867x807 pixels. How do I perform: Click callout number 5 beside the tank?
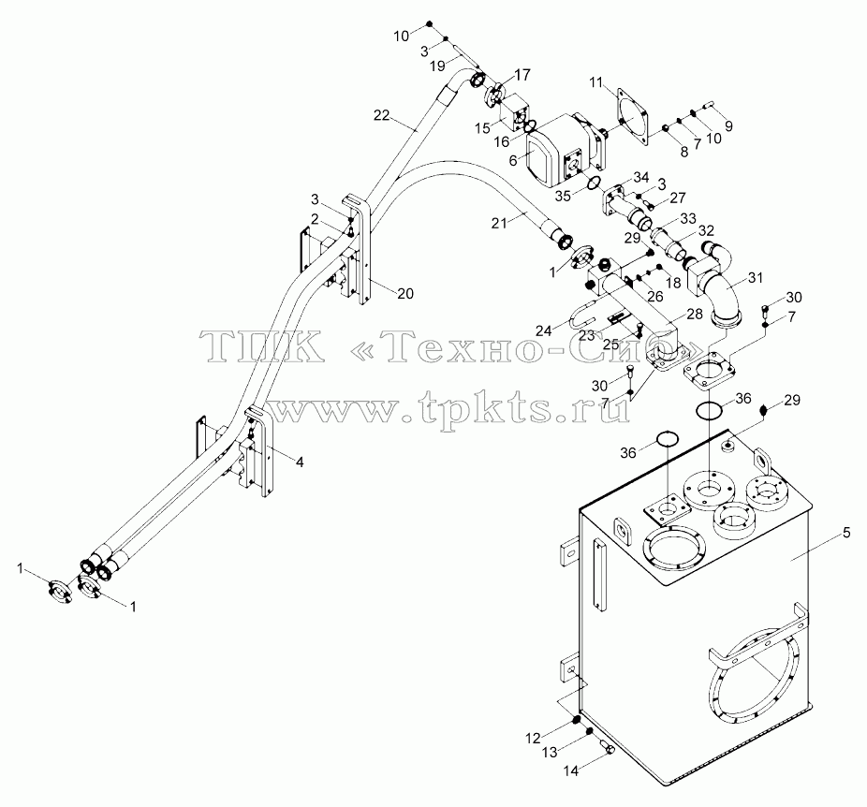point(846,533)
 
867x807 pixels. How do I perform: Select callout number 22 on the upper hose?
point(381,115)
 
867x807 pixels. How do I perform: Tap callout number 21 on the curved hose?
point(499,223)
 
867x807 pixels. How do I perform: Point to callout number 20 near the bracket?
point(405,294)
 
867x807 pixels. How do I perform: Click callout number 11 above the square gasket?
point(595,83)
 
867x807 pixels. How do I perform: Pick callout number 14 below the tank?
point(570,770)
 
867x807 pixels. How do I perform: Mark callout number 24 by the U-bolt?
point(544,330)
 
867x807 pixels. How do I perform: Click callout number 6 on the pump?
point(513,160)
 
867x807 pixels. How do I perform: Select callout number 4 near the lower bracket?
point(299,462)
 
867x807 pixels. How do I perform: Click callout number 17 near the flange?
point(522,75)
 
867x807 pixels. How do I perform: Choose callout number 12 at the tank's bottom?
point(533,738)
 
